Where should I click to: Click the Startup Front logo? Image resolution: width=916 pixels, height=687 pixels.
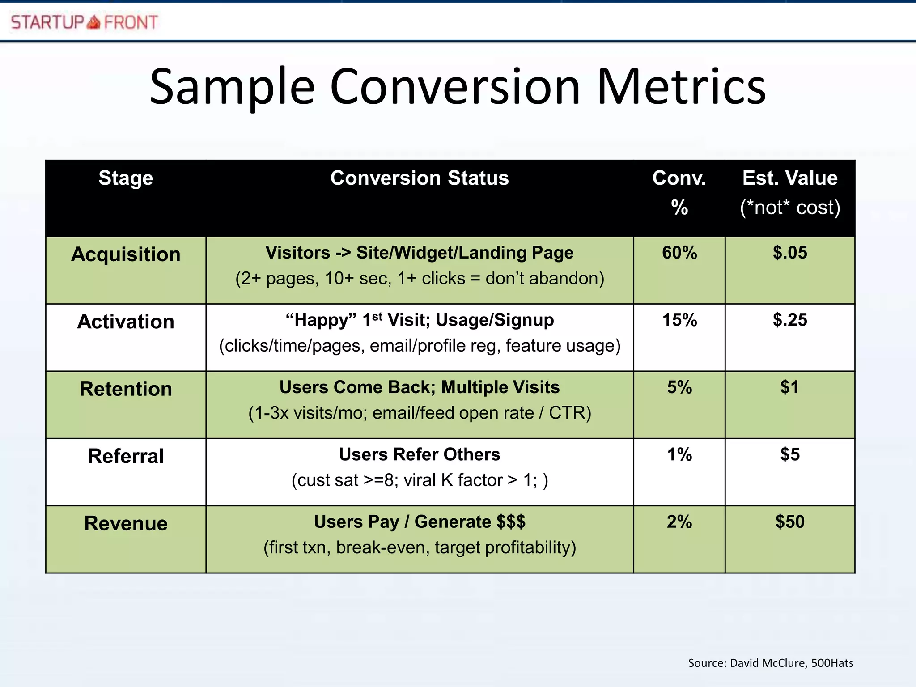[85, 22]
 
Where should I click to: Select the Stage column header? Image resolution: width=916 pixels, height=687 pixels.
[126, 178]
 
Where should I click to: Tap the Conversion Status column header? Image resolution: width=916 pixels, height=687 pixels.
[419, 178]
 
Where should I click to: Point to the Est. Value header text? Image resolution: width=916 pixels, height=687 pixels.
[789, 178]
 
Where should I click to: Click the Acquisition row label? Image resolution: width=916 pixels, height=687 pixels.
[126, 254]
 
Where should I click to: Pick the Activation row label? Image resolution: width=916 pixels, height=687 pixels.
[126, 322]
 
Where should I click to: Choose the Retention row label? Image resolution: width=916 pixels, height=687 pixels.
[126, 389]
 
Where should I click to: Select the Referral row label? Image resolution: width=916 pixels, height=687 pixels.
[126, 456]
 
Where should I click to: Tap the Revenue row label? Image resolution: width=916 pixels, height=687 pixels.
[126, 523]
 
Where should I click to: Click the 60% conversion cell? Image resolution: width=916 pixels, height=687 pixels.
[679, 253]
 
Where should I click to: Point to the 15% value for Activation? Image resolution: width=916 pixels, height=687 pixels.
[679, 320]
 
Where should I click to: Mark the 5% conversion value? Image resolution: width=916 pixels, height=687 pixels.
[679, 387]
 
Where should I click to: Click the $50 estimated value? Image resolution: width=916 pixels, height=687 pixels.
[789, 522]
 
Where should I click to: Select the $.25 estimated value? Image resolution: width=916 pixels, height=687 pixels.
[789, 320]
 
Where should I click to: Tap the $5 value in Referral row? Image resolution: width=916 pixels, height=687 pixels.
[789, 454]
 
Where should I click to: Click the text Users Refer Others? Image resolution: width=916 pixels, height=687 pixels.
[419, 454]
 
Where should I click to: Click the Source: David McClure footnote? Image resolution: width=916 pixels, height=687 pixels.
[770, 663]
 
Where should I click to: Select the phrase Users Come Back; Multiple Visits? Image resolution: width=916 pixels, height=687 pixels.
[419, 387]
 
